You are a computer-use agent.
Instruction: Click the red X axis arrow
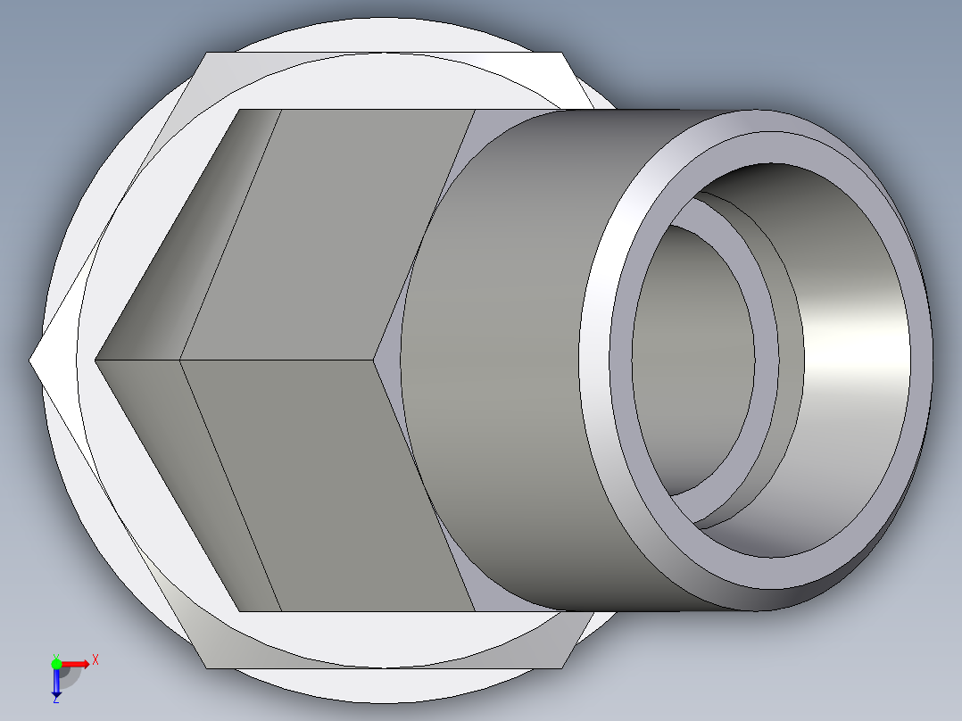(x=79, y=663)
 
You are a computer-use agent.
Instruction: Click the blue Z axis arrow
(x=56, y=684)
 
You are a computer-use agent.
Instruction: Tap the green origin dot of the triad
(x=56, y=663)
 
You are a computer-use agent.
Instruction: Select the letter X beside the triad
(x=95, y=659)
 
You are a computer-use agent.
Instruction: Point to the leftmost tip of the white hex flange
(x=31, y=360)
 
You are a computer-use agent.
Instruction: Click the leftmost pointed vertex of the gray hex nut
(x=95, y=360)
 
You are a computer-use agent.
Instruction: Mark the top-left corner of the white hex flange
(x=207, y=53)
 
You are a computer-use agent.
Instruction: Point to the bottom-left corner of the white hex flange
(x=207, y=667)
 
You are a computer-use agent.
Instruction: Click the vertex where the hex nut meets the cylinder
(x=375, y=360)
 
